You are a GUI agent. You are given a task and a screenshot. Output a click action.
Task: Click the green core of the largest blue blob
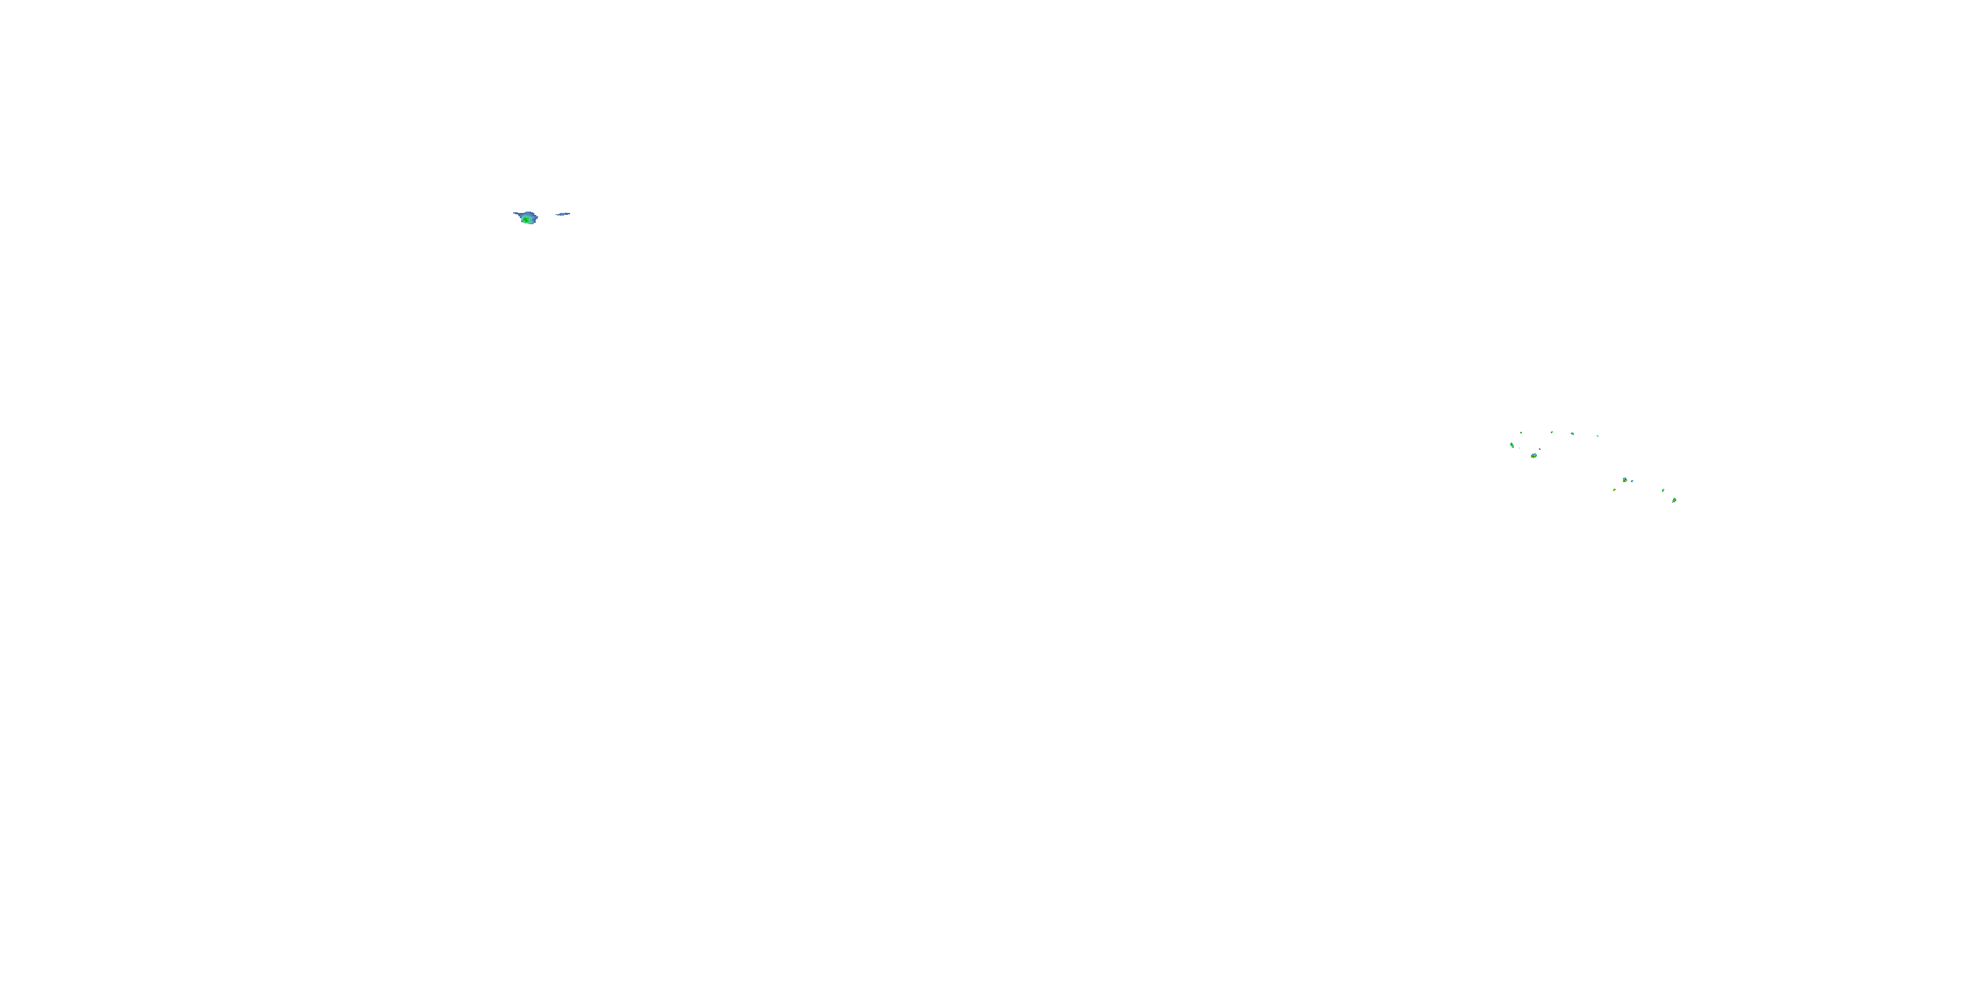pyautogui.click(x=527, y=220)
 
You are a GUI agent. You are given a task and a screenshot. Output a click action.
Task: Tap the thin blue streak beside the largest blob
pyautogui.click(x=563, y=214)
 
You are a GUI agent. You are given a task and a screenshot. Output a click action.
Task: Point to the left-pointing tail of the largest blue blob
pyautogui.click(x=516, y=214)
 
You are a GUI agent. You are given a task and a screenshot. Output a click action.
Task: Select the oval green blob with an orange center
pyautogui.click(x=1534, y=456)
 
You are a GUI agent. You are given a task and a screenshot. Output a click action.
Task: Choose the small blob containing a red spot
pyautogui.click(x=1624, y=480)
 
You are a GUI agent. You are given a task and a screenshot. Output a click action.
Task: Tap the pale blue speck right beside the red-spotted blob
pyautogui.click(x=1632, y=481)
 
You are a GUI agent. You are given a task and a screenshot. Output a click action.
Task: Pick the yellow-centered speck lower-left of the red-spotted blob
pyautogui.click(x=1614, y=490)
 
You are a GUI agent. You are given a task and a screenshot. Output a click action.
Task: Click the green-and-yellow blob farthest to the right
pyautogui.click(x=1674, y=500)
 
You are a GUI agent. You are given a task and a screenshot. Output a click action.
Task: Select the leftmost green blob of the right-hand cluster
pyautogui.click(x=1512, y=444)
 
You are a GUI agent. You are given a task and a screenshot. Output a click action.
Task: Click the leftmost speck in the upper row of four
pyautogui.click(x=1521, y=433)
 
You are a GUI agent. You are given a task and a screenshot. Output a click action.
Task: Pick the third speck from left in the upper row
pyautogui.click(x=1573, y=434)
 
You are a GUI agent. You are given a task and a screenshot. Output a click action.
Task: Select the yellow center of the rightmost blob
pyautogui.click(x=1674, y=500)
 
